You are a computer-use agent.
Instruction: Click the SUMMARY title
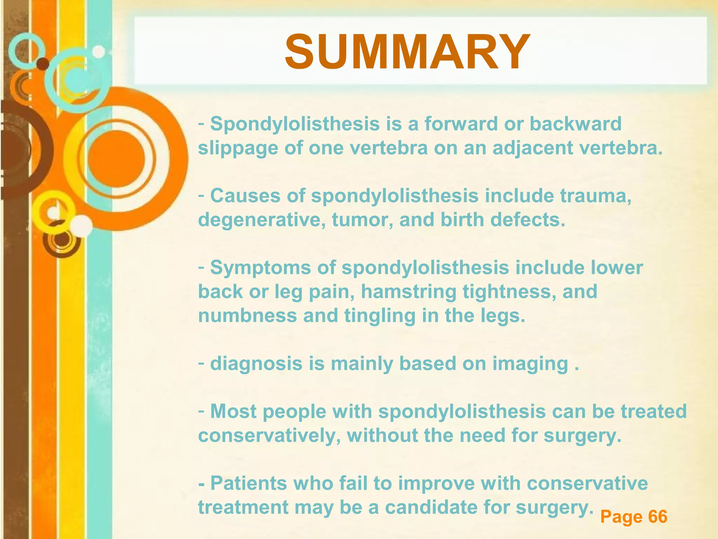[407, 52]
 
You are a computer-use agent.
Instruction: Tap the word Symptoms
[260, 268]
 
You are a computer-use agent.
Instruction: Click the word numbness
[248, 315]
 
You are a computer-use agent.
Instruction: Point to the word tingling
[380, 316]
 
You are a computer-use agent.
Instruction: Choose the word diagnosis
[256, 364]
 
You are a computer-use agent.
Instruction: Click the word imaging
[530, 364]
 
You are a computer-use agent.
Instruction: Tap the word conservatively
[269, 436]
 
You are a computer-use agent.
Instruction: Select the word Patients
[249, 483]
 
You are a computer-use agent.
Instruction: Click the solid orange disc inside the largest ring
[116, 159]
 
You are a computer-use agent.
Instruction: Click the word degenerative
[262, 220]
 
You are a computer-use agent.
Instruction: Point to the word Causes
[245, 195]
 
